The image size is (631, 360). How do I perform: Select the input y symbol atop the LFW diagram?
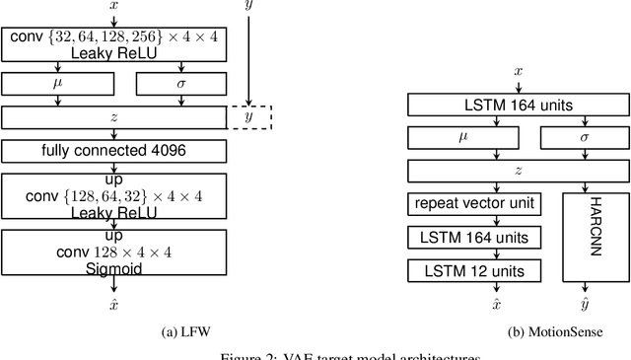[x=248, y=7]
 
